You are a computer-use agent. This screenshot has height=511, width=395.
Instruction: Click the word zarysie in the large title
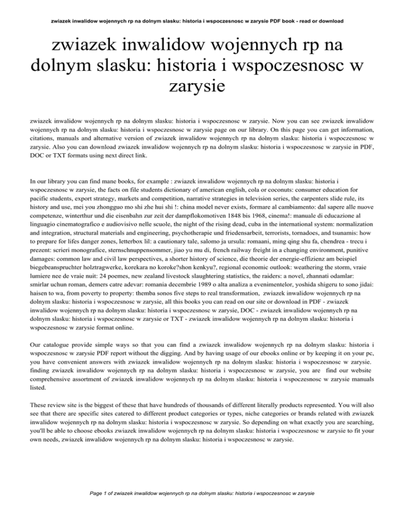(197, 85)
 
